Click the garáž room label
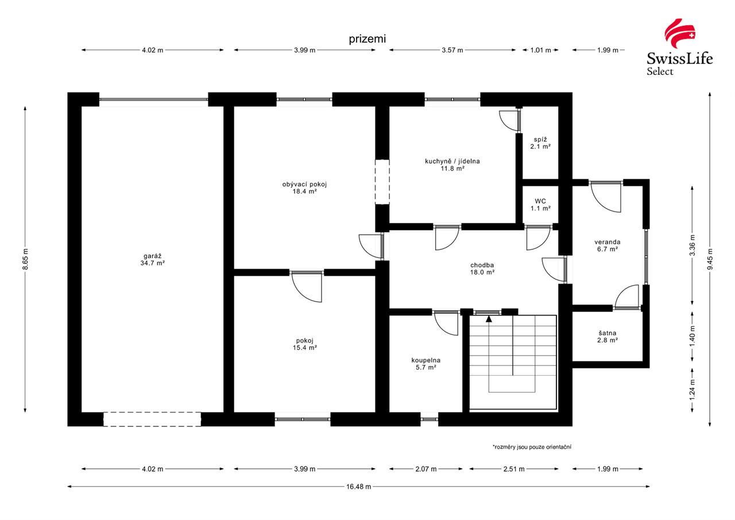click(x=152, y=259)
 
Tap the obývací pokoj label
click(x=304, y=188)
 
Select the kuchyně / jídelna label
click(x=452, y=165)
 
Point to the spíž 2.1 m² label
click(x=540, y=143)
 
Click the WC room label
click(x=540, y=205)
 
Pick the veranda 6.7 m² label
click(x=608, y=245)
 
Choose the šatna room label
click(x=608, y=337)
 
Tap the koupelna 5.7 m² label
click(x=426, y=364)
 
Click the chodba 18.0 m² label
click(x=482, y=268)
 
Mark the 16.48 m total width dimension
click(x=358, y=487)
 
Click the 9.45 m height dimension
click(x=710, y=259)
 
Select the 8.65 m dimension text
click(x=25, y=259)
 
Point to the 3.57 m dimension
click(x=452, y=50)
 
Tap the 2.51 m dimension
click(x=514, y=469)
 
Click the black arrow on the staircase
click(x=489, y=318)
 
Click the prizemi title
click(x=367, y=39)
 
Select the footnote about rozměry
click(x=532, y=447)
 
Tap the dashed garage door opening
click(x=152, y=419)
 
